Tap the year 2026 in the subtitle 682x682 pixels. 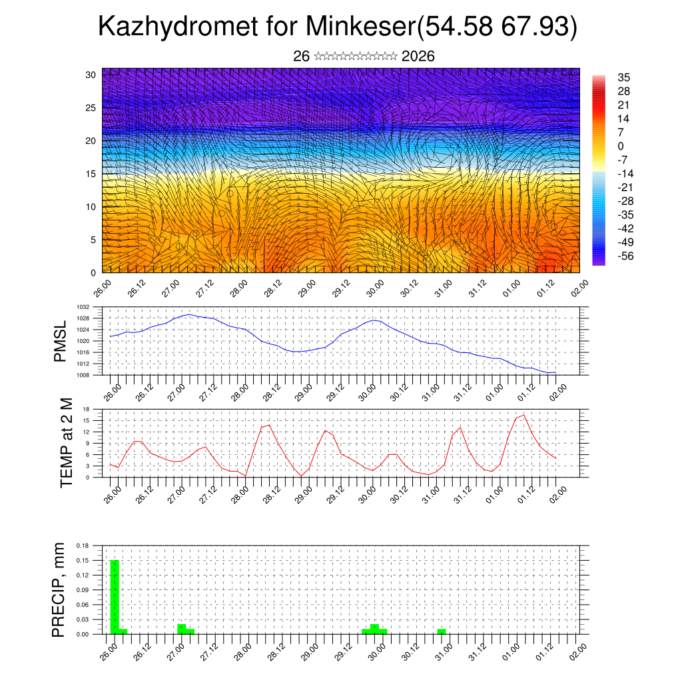(418, 57)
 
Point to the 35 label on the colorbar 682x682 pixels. (624, 77)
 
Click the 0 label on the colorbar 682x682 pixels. (621, 147)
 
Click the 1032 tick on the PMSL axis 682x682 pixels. (83, 307)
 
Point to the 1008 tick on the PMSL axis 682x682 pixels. (83, 375)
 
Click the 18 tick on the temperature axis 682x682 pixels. (86, 409)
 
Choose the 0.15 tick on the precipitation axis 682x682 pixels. (83, 560)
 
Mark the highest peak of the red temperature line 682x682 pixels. (523, 416)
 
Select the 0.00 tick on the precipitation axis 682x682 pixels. (83, 634)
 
